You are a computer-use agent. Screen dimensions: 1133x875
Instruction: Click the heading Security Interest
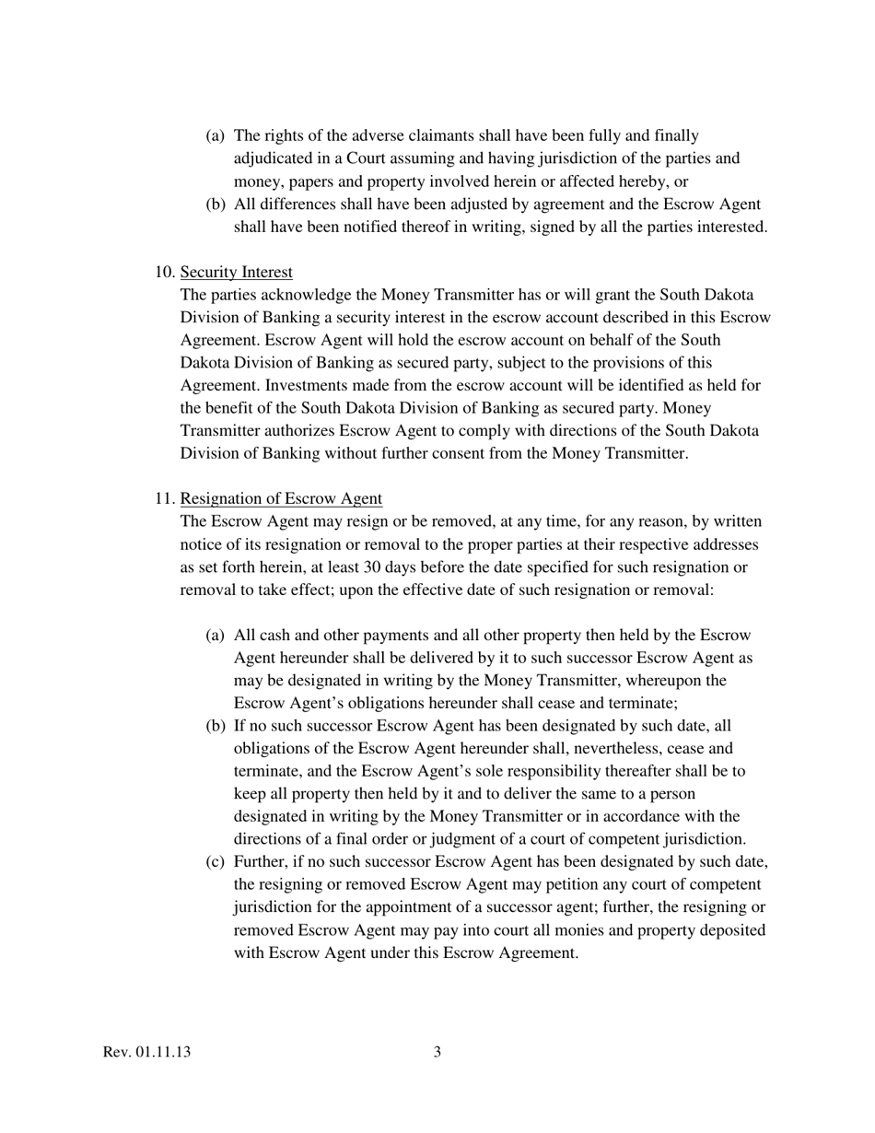[x=237, y=273]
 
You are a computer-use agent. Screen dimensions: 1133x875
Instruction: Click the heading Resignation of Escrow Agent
[x=281, y=499]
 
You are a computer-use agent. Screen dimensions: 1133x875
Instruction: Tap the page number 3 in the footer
[x=437, y=1052]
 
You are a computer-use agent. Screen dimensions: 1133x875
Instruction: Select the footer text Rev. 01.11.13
[x=147, y=1052]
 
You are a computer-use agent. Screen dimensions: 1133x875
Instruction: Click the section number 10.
[x=165, y=273]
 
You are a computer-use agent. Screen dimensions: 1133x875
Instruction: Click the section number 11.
[x=165, y=499]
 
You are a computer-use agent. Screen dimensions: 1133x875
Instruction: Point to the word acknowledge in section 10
[x=297, y=296]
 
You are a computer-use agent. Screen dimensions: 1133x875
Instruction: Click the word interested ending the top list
[x=723, y=228]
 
